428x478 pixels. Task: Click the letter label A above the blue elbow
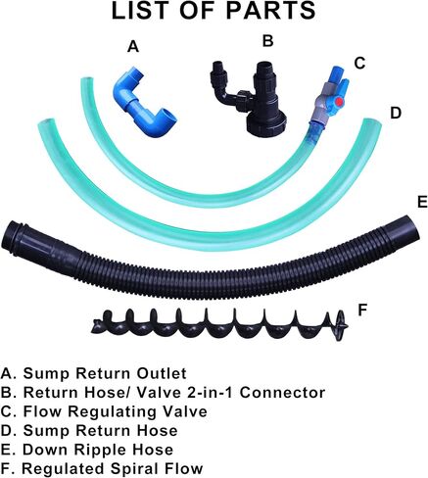click(x=133, y=46)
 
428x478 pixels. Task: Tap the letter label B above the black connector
click(x=267, y=41)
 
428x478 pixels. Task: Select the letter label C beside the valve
click(x=359, y=64)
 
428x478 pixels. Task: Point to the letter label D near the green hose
click(x=396, y=114)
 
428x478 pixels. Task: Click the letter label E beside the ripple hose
click(x=422, y=202)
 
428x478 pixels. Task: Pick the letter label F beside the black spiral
click(x=362, y=311)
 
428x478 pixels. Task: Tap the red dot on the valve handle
click(x=340, y=102)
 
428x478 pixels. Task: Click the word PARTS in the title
click(x=270, y=11)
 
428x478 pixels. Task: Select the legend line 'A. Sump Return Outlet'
click(x=94, y=373)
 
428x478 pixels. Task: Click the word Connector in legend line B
click(x=283, y=392)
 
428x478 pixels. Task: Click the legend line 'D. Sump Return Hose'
click(x=89, y=430)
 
